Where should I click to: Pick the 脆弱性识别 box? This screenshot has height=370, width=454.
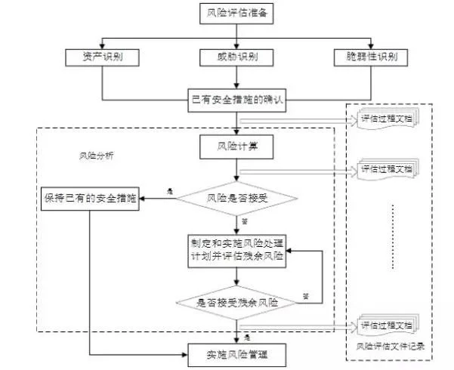point(372,57)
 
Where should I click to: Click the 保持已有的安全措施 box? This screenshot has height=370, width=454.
point(90,199)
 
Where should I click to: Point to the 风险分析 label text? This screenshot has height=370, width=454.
point(97,156)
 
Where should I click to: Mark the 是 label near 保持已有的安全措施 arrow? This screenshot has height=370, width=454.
point(170,192)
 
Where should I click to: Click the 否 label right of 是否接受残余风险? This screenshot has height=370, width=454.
point(306,294)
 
